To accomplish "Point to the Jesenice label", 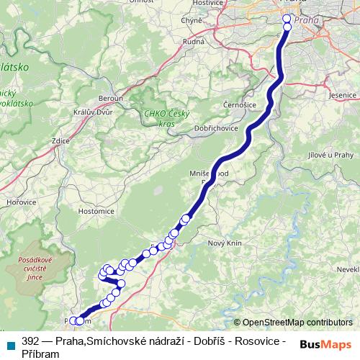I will coord(342,94).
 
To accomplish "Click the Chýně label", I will coord(192,21).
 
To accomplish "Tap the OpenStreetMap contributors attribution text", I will coord(297,322).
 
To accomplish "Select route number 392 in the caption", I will coord(30,341).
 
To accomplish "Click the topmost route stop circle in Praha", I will coord(287,19).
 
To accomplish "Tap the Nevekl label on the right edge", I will coord(347,268).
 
